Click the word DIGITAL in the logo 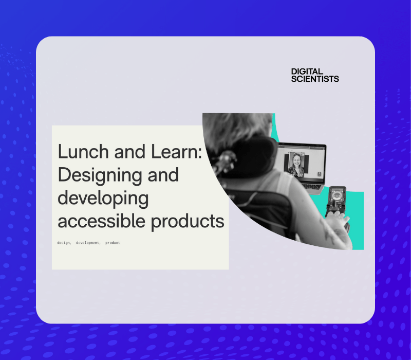[307, 71]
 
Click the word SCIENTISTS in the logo [315, 79]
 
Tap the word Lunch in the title [83, 151]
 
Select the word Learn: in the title [176, 151]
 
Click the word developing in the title [103, 199]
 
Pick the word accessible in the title [101, 221]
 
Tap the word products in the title [188, 222]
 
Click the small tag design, [64, 243]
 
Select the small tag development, [88, 243]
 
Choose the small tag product [113, 243]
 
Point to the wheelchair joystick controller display [336, 195]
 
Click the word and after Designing [163, 175]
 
